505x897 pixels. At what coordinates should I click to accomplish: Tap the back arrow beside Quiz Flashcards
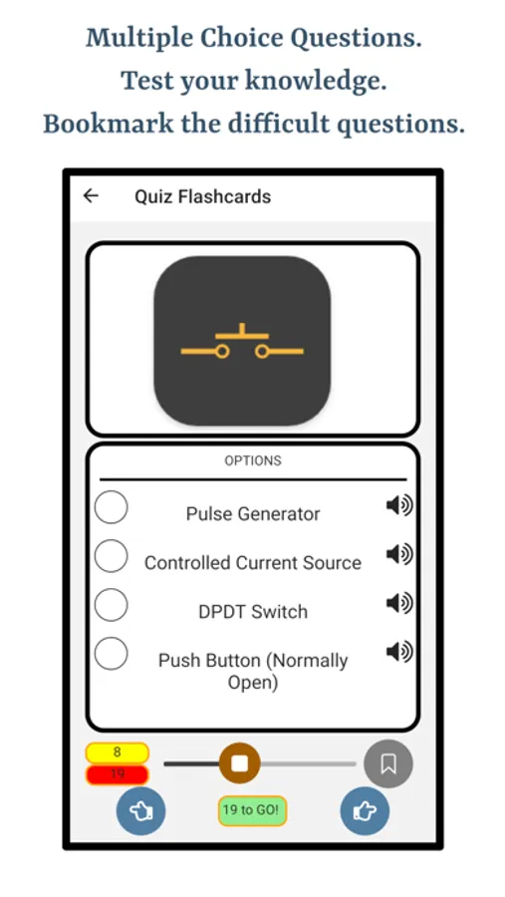[x=91, y=196]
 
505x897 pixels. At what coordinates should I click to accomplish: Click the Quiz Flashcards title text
[x=202, y=196]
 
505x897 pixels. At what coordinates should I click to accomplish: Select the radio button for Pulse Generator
[x=111, y=507]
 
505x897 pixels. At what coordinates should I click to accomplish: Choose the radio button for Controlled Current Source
[x=111, y=555]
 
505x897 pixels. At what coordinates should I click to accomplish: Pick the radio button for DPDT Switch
[x=111, y=605]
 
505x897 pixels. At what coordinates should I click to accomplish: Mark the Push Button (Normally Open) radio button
[x=111, y=653]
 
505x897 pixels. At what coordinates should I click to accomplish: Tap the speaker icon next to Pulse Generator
[x=399, y=505]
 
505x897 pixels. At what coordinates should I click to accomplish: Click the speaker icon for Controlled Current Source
[x=399, y=554]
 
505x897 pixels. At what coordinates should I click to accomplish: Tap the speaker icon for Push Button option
[x=399, y=652]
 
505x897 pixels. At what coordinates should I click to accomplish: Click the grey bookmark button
[x=388, y=763]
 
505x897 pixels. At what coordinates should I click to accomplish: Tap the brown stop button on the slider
[x=240, y=763]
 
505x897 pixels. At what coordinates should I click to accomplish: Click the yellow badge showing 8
[x=118, y=752]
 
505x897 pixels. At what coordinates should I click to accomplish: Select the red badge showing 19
[x=118, y=774]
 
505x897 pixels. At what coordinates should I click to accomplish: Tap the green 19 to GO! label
[x=252, y=810]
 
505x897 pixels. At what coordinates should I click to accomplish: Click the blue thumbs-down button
[x=140, y=810]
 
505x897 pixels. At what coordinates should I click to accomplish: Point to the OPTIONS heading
[x=253, y=460]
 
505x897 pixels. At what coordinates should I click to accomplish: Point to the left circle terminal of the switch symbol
[x=222, y=351]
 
